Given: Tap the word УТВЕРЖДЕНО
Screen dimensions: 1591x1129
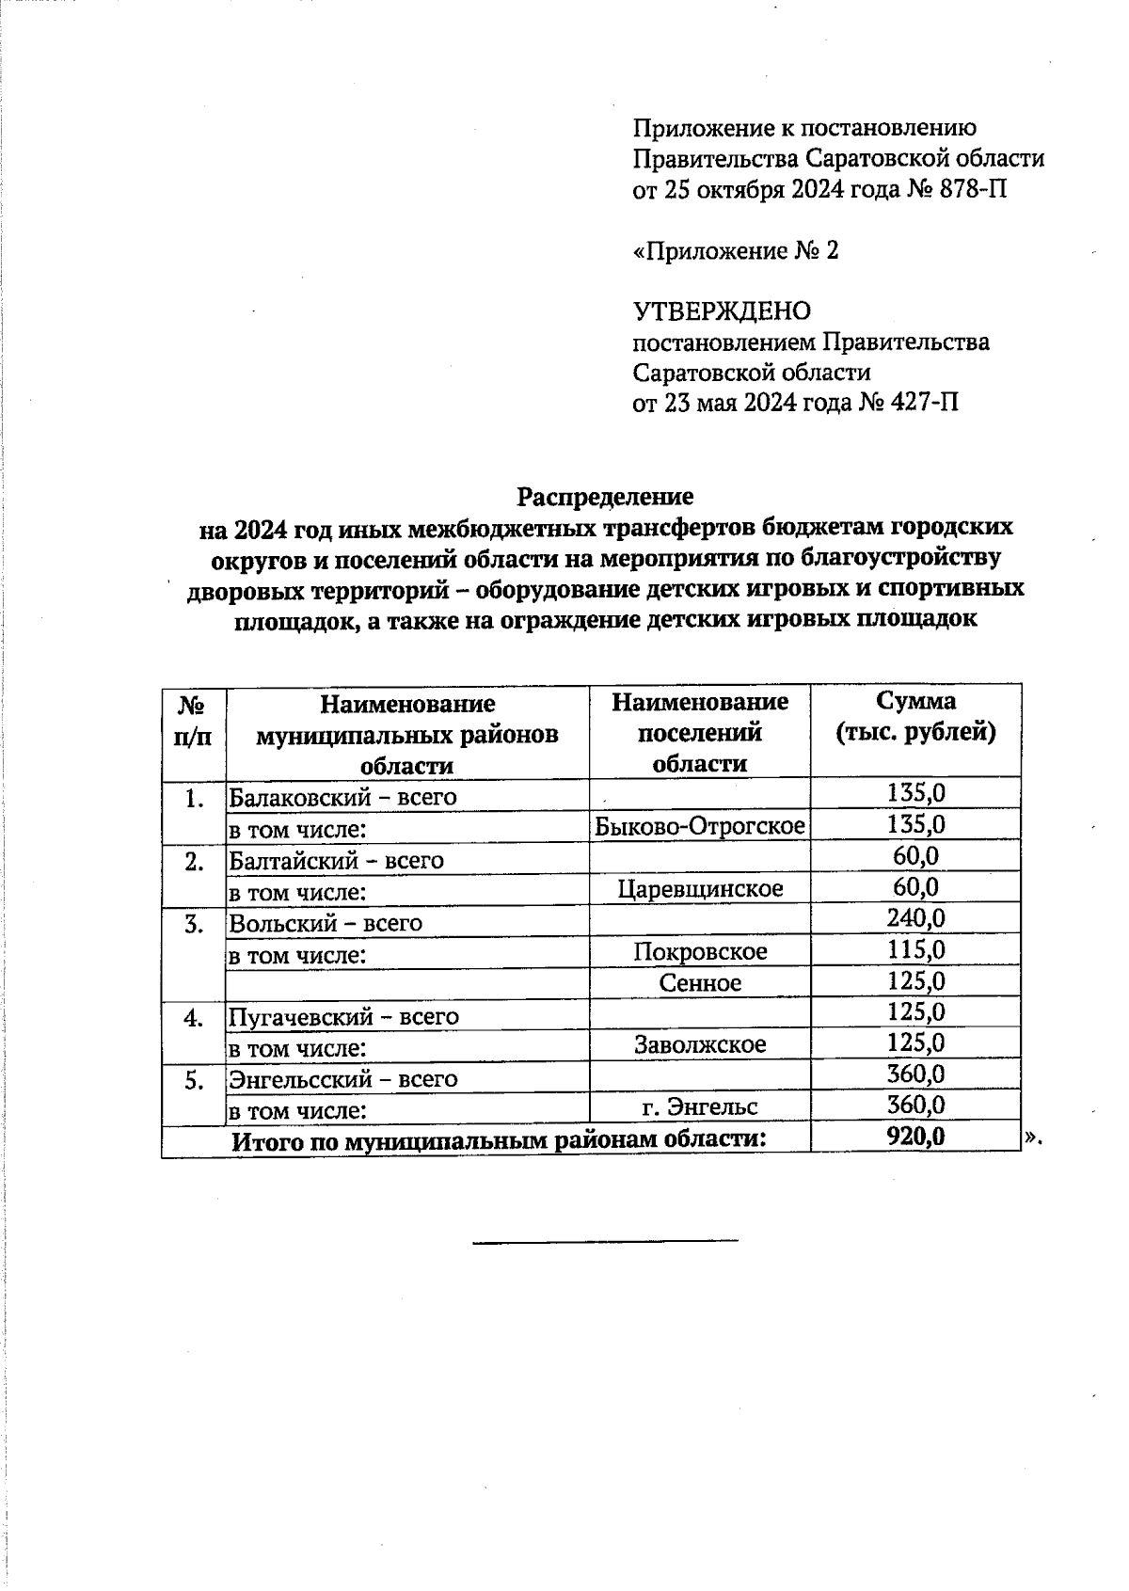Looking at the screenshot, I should coord(722,311).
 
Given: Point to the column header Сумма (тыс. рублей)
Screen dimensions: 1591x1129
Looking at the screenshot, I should coord(915,716).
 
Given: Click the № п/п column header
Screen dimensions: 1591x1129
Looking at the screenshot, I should coord(193,719).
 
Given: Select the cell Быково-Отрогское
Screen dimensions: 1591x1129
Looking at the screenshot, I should coord(700,826).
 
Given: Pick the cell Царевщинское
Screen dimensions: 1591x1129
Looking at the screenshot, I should coord(700,888).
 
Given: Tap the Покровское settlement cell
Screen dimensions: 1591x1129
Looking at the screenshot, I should coord(700,951).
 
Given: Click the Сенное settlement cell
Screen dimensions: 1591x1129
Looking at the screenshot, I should coord(700,982).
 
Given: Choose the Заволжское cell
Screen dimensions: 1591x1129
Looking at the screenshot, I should coord(700,1043).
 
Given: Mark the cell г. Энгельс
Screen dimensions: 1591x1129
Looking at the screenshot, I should coord(700,1106).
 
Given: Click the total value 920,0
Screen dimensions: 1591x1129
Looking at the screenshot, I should coord(915,1138).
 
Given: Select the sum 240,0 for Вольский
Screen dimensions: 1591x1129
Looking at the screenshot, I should coord(915,919).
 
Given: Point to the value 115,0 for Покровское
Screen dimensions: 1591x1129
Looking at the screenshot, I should coord(915,950).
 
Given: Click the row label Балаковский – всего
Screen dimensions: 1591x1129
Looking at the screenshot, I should coord(342,797).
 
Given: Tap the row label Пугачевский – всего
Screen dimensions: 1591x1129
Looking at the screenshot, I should coord(343,1016).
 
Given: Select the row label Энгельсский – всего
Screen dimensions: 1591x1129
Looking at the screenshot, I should coord(343,1079).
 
